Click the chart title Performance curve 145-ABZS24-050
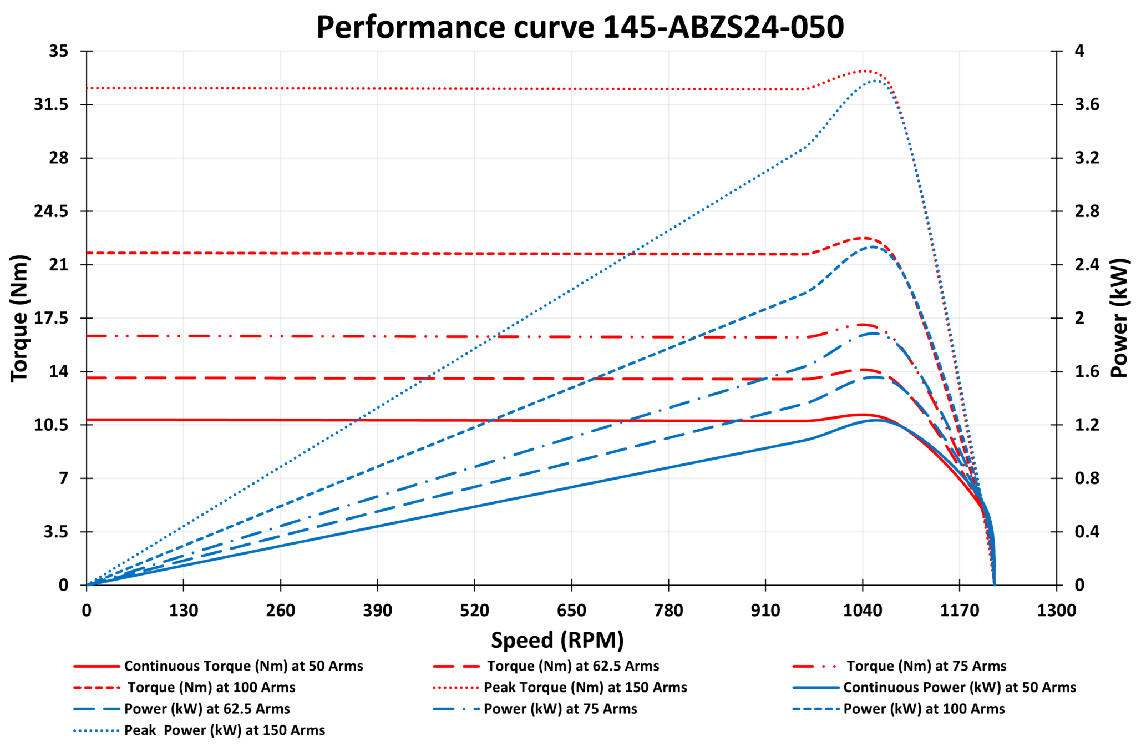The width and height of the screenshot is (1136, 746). click(580, 27)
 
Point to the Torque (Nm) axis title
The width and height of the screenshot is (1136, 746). click(19, 318)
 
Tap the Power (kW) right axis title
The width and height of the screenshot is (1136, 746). click(1119, 318)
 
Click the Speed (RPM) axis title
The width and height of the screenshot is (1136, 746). click(557, 640)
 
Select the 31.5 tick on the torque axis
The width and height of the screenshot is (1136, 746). click(51, 104)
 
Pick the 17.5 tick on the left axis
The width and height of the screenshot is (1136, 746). click(51, 318)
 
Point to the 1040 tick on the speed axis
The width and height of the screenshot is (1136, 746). click(862, 611)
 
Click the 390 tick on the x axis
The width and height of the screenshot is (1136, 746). click(377, 611)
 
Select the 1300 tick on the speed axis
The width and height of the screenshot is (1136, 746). click(1056, 611)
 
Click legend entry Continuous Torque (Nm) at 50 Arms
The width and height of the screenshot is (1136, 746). click(243, 666)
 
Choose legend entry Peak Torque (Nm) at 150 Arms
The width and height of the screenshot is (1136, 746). click(585, 688)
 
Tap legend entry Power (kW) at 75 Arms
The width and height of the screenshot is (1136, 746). click(560, 709)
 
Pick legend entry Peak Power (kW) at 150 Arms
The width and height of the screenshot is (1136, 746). click(224, 730)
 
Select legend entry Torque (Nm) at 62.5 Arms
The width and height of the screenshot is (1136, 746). click(573, 666)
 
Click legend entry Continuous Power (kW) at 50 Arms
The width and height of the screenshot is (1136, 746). click(959, 688)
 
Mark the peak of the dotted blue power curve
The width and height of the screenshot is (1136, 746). click(874, 80)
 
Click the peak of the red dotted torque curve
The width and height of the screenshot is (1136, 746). click(864, 70)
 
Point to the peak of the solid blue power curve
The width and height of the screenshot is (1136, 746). click(876, 420)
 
